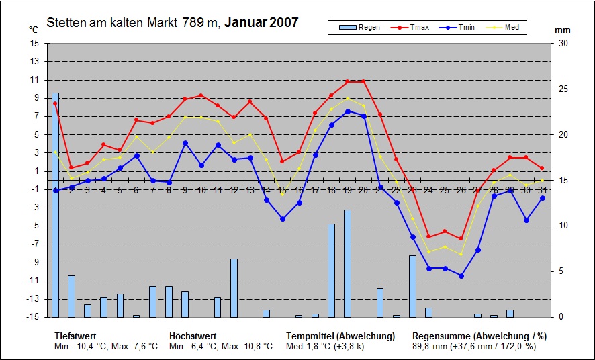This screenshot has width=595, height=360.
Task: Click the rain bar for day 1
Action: pos(55,205)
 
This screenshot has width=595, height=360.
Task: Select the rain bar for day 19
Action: pos(347,263)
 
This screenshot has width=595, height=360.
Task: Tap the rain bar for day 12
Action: pos(234,287)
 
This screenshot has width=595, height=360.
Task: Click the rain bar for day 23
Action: pos(412,286)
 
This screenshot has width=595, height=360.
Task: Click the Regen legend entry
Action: pos(361,27)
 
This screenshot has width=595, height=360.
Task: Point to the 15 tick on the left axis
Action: pos(35,43)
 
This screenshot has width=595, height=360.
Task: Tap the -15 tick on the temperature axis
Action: pos(34,316)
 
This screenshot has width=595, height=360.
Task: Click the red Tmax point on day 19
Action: pos(347,81)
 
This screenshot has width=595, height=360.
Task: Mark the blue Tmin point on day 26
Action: pos(461,275)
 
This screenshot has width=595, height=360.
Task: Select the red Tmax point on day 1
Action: pos(55,103)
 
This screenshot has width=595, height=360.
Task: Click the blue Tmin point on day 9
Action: pos(185,142)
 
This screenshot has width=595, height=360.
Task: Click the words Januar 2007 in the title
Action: pos(261,23)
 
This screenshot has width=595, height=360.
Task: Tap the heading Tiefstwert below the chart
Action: pos(75,336)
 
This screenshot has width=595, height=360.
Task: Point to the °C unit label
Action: pos(34,30)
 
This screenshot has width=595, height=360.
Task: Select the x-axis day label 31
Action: pos(542,191)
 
